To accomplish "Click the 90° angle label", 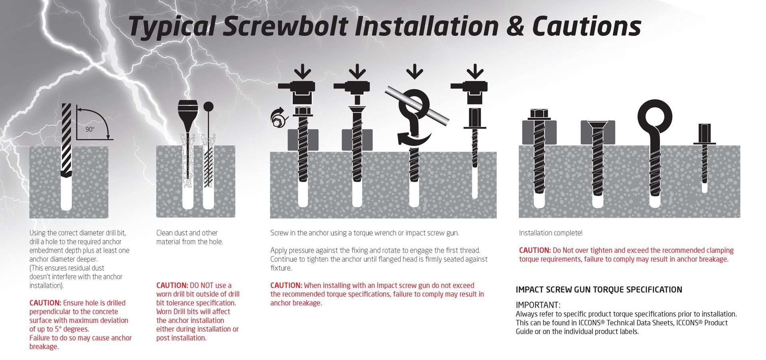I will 90,129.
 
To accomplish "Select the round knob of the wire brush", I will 208,107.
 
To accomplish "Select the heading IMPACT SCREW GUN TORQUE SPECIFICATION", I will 598,290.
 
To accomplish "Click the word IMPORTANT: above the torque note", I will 538,305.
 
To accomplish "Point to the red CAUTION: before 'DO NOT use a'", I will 172,285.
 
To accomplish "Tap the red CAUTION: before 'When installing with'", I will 286,285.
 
